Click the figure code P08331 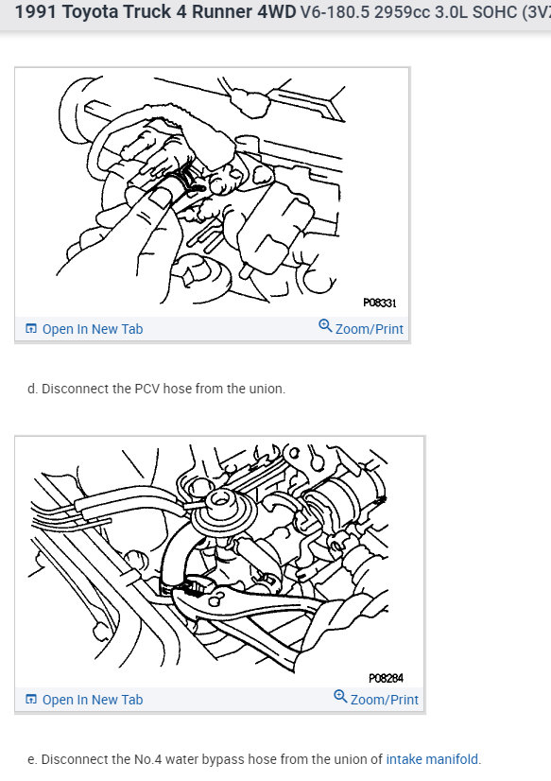[x=380, y=303]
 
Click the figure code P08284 [x=386, y=678]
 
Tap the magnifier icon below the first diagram [x=325, y=326]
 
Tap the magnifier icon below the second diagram [x=340, y=696]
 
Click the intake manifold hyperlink [x=432, y=759]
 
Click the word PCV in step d [x=147, y=389]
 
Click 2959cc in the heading [x=403, y=11]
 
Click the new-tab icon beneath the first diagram [x=31, y=329]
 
